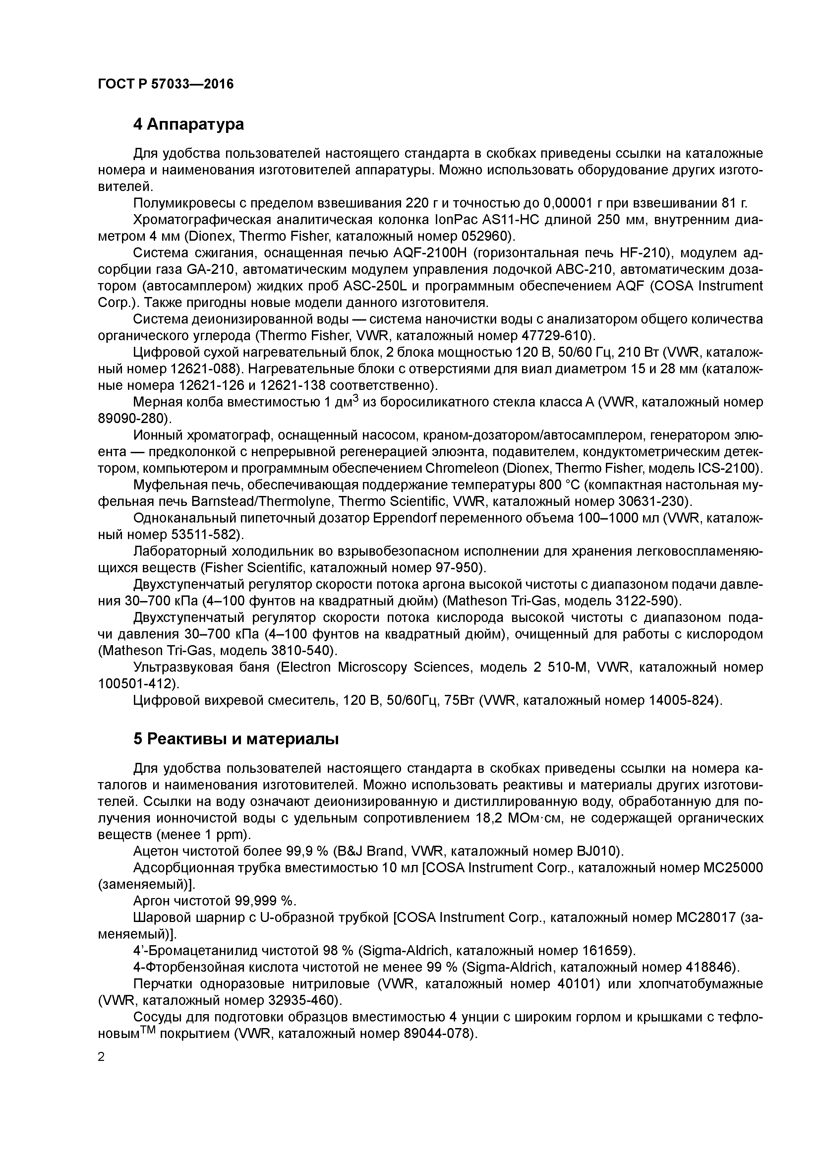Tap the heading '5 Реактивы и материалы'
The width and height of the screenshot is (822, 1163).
coord(236,739)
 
